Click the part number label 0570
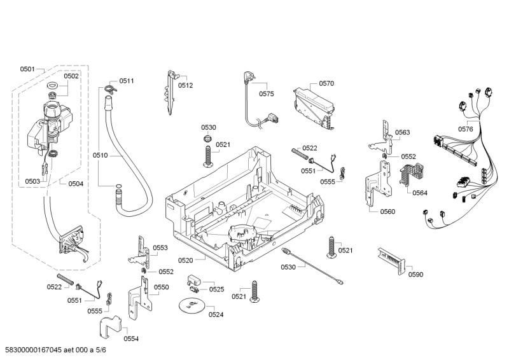326,83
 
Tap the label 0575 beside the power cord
266,94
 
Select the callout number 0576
465,129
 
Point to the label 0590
415,275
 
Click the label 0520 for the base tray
186,260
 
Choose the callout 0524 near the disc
216,314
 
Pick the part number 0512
185,85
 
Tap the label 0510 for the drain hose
101,155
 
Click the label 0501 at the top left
27,69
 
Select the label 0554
131,338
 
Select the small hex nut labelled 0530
207,139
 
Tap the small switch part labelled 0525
195,280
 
